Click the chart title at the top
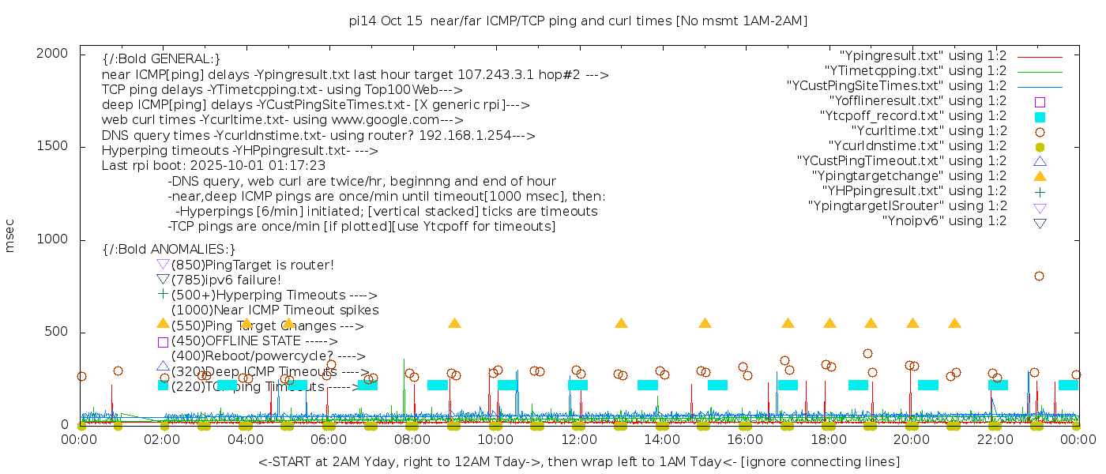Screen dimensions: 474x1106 click(x=578, y=21)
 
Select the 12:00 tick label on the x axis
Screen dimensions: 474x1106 click(x=578, y=439)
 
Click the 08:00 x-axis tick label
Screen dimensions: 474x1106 click(x=412, y=439)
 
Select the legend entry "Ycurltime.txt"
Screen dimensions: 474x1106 click(x=928, y=131)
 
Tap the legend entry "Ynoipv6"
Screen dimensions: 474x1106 click(x=944, y=221)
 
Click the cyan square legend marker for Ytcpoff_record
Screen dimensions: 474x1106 click(x=1040, y=117)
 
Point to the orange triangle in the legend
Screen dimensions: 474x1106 click(x=1040, y=176)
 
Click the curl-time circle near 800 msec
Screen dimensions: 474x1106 click(x=1039, y=276)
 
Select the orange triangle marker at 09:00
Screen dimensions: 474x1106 click(x=454, y=323)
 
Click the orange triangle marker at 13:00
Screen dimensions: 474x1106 click(x=621, y=323)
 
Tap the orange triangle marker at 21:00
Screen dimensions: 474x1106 click(x=954, y=323)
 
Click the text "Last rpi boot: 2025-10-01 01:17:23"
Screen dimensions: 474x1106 click(x=213, y=166)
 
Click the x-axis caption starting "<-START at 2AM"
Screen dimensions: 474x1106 click(x=578, y=461)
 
